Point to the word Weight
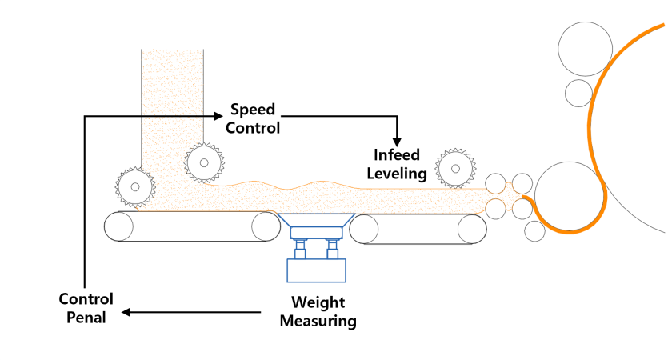coord(318,303)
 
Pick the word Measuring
coord(318,322)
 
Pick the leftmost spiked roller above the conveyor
coord(134,187)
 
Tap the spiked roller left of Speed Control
coord(204,162)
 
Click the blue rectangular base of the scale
coord(316,270)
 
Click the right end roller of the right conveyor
coord(472,230)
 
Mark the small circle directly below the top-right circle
coord(578,91)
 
